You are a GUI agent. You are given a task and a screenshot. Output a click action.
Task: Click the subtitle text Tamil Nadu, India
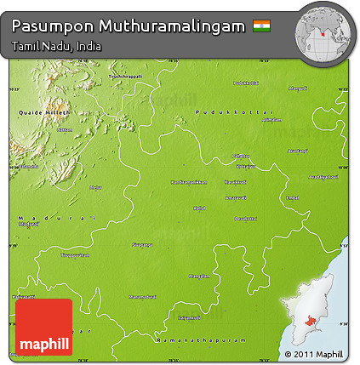click(x=56, y=46)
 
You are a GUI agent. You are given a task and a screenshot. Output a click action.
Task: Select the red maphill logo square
click(x=43, y=327)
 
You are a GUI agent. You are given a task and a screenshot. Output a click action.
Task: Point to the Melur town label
click(x=95, y=187)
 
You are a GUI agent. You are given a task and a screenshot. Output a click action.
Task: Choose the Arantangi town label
click(x=298, y=151)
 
